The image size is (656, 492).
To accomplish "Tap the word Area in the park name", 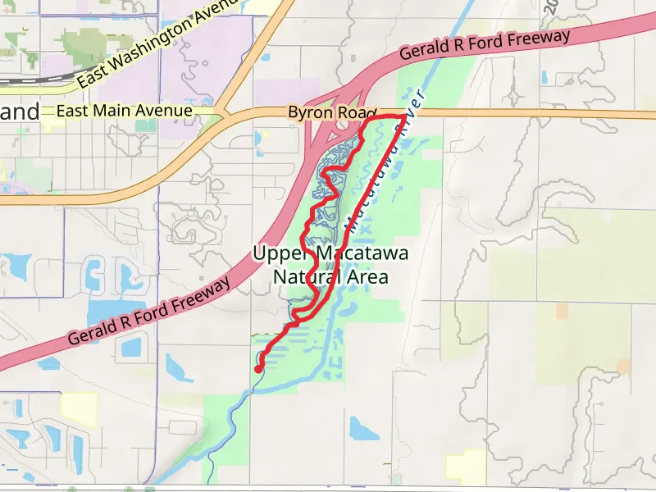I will tap(369, 277).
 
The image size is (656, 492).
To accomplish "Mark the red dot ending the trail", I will tap(258, 369).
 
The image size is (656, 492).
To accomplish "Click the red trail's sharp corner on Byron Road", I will tap(404, 117).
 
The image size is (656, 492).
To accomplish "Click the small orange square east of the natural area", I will tap(561, 312).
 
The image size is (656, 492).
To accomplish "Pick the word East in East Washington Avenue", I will tap(95, 77).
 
